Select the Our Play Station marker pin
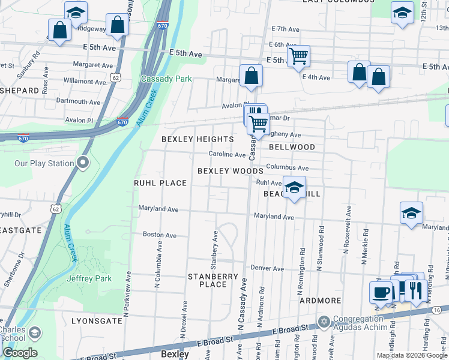coord(83,163)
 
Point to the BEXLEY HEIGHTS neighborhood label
coord(197,139)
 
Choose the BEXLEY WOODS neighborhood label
coord(231,171)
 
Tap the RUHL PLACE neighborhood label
coord(160,183)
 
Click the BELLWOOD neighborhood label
coord(292,147)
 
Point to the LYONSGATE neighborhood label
coord(97,321)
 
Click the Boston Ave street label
coord(159,235)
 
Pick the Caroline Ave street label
coord(227,154)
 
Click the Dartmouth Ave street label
coord(78,102)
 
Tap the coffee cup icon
coord(380,292)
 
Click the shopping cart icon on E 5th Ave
coord(298,57)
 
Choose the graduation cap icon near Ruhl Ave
coord(294,188)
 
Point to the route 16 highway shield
coord(436,310)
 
